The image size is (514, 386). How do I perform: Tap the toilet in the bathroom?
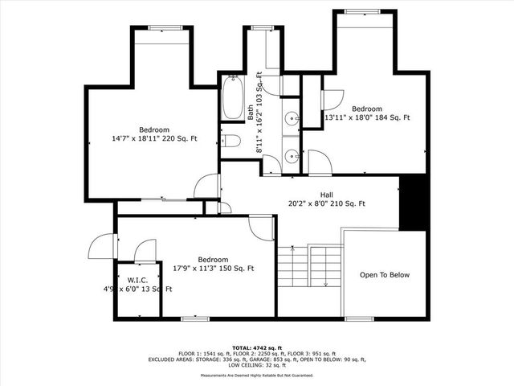tap(232, 142)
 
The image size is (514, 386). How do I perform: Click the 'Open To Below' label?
tap(384, 275)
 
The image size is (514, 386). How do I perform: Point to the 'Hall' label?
tap(327, 195)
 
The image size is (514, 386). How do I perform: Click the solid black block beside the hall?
tap(412, 201)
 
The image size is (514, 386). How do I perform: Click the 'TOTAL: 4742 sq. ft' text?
tap(257, 345)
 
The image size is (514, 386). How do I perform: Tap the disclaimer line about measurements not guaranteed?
tap(257, 376)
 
